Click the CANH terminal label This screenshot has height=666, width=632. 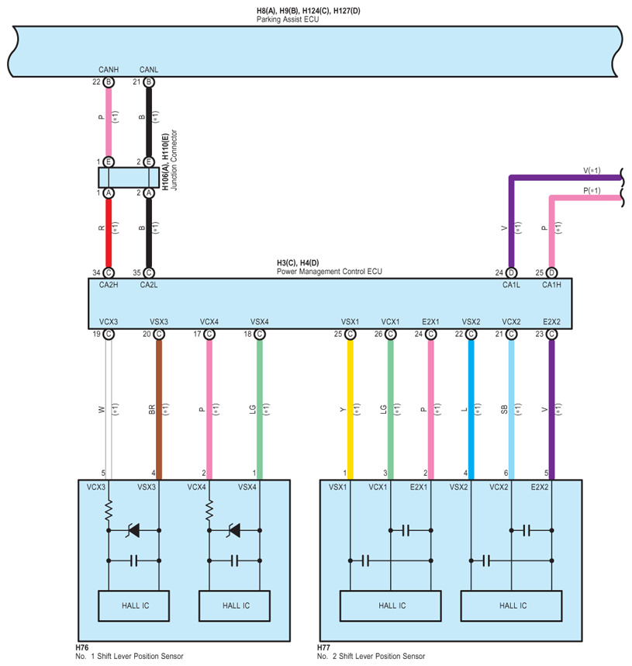[x=108, y=70]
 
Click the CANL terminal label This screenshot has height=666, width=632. [x=148, y=70]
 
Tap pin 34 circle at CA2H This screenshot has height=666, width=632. [x=109, y=272]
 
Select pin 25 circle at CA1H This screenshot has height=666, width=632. [x=551, y=272]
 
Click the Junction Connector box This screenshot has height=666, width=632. [x=129, y=177]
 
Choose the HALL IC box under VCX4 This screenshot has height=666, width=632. [x=235, y=605]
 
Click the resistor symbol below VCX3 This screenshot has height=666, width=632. [x=109, y=510]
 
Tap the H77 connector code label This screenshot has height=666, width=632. [x=323, y=647]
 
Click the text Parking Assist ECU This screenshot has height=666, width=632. [x=288, y=19]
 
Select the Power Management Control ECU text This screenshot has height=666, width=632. [x=329, y=272]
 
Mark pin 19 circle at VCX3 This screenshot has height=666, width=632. [x=109, y=334]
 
